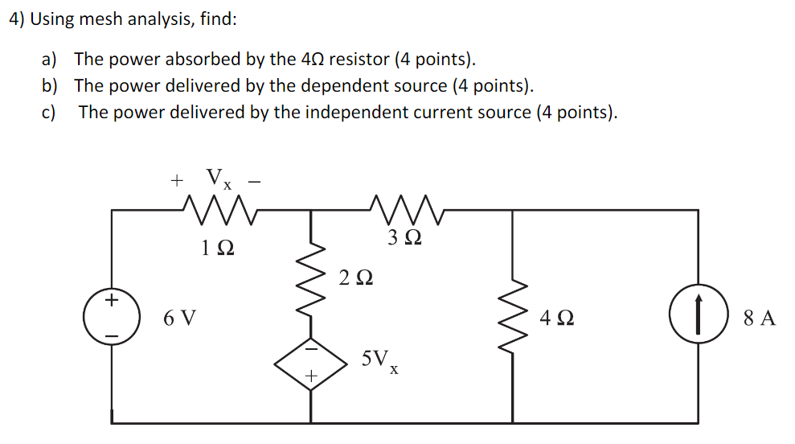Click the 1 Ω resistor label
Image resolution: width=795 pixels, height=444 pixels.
click(219, 249)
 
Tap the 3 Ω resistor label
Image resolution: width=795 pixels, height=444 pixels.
click(403, 238)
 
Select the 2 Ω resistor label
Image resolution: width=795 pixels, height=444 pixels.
click(355, 278)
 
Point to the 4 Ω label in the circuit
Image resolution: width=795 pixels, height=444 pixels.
click(557, 318)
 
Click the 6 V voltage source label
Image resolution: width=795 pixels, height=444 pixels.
click(179, 318)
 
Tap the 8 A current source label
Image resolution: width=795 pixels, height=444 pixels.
click(759, 318)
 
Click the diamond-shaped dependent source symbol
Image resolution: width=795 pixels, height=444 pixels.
click(310, 363)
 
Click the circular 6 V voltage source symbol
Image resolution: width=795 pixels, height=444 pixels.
click(112, 317)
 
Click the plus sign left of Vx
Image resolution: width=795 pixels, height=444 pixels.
click(177, 181)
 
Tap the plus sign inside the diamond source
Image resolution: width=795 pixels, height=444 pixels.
click(310, 376)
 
